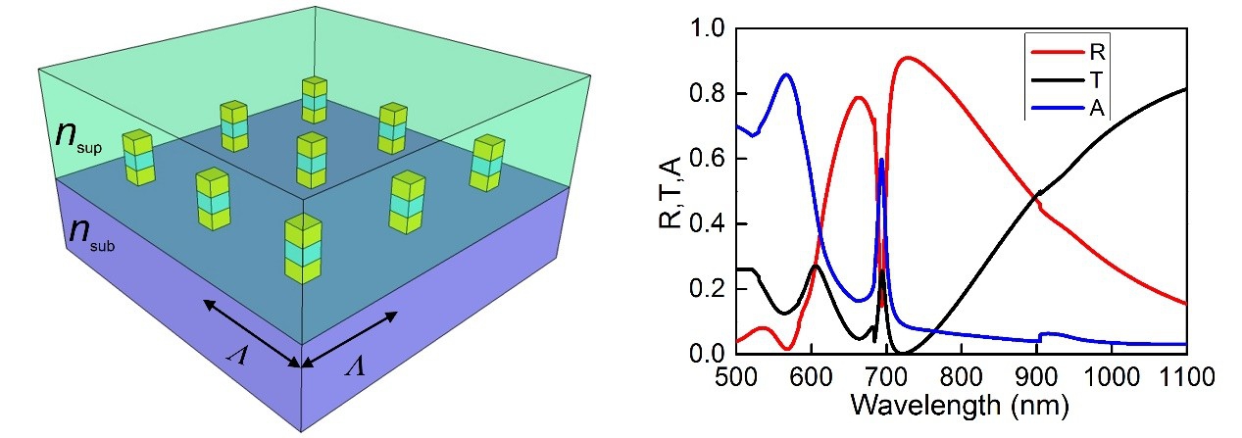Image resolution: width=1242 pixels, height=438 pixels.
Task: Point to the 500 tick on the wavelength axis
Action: point(735,377)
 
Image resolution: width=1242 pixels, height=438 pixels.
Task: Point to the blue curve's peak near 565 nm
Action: point(785,74)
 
